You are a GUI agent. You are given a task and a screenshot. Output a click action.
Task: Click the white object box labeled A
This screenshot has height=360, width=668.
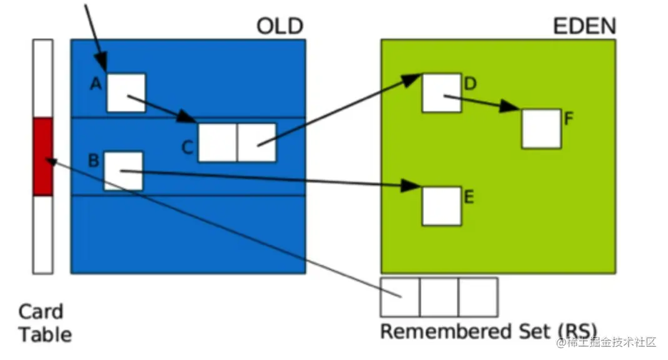(126, 92)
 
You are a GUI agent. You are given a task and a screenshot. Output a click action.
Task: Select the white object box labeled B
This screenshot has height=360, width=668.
(123, 171)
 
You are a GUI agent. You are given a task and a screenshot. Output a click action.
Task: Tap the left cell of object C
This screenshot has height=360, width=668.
(217, 142)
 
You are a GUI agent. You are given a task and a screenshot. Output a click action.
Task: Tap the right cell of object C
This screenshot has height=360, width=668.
(256, 142)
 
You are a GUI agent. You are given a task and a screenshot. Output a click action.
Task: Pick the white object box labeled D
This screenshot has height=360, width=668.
(442, 93)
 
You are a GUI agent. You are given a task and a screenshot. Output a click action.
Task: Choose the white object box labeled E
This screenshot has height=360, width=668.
(442, 206)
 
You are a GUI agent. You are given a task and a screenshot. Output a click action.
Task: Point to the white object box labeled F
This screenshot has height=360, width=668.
(541, 129)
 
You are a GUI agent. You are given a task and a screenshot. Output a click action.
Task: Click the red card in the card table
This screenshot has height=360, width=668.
(43, 156)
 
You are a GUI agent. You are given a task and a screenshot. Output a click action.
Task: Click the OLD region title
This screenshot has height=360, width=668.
(279, 26)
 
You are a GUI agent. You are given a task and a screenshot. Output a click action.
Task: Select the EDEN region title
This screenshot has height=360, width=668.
(584, 26)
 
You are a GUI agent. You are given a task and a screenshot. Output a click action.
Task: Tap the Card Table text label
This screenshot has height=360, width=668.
(44, 322)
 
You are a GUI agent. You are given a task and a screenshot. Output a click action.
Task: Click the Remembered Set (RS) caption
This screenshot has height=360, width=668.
(488, 331)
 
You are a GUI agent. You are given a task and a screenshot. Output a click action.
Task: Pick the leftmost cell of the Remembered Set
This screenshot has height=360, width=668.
(400, 297)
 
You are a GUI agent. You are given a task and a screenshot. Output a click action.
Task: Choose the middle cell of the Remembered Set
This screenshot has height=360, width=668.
(439, 297)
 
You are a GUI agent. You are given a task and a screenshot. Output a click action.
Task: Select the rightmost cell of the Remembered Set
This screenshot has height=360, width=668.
(478, 297)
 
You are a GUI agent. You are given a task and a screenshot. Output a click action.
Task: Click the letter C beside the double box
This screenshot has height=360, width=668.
(188, 147)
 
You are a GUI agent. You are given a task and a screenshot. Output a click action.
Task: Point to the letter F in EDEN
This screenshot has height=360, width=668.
(569, 118)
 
